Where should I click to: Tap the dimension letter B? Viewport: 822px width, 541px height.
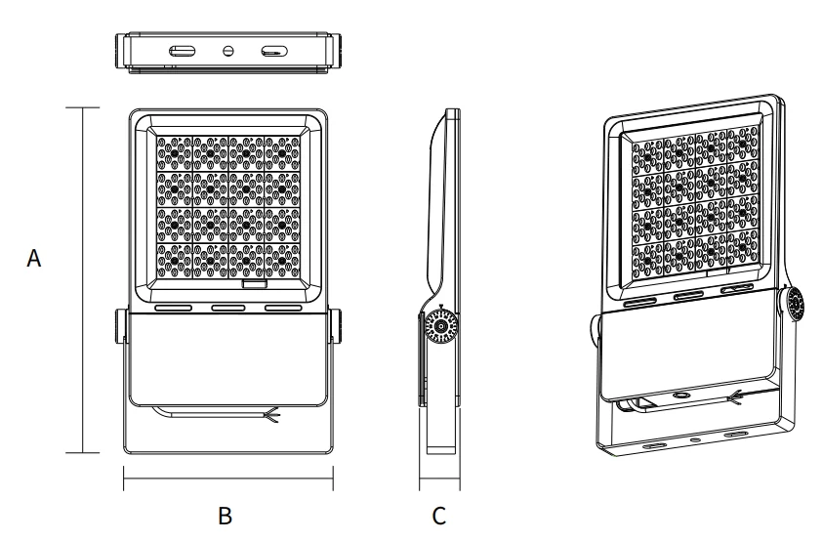pyautogui.click(x=226, y=515)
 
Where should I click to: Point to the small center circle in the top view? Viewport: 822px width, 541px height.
pyautogui.click(x=228, y=51)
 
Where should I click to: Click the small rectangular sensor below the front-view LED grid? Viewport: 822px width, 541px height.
pyautogui.click(x=255, y=287)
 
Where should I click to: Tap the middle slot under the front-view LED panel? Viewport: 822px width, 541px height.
pyautogui.click(x=228, y=307)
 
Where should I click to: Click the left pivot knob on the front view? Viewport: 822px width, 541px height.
pyautogui.click(x=122, y=327)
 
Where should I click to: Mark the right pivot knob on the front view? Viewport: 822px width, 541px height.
pyautogui.click(x=336, y=327)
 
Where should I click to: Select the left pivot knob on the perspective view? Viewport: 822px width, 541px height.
pyautogui.click(x=595, y=332)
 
